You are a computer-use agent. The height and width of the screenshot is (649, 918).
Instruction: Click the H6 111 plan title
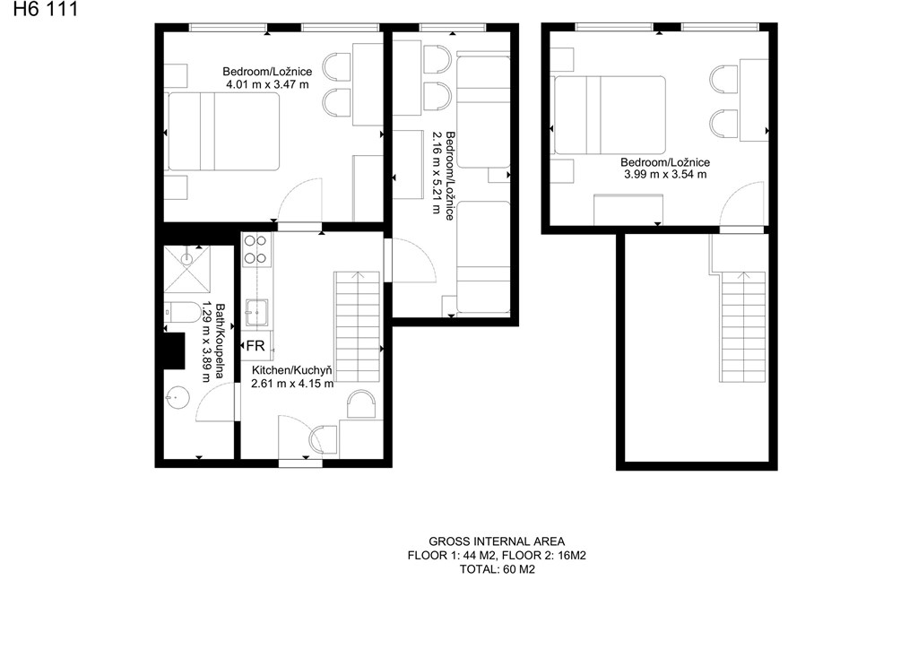tap(45, 9)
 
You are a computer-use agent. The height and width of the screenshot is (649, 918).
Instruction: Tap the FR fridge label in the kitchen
tap(255, 346)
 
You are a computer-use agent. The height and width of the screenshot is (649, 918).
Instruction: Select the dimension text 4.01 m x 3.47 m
tap(267, 84)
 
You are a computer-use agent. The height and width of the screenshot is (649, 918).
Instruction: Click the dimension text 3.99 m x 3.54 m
tap(665, 175)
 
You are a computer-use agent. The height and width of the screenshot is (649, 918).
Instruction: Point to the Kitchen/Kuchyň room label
tap(291, 370)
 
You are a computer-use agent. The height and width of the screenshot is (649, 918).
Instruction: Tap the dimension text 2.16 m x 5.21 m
tap(437, 172)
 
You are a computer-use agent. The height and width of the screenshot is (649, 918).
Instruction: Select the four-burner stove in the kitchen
tap(256, 250)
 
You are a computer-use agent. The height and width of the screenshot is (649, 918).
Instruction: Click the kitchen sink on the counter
tap(256, 313)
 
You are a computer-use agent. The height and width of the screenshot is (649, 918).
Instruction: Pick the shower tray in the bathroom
tap(186, 269)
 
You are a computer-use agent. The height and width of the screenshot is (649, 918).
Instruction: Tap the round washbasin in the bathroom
tap(177, 398)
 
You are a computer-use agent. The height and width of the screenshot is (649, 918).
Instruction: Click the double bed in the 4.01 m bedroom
tap(223, 131)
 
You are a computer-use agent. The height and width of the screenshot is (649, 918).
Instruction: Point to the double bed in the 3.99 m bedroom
tap(610, 115)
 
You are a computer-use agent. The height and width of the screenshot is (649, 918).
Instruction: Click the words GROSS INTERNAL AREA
tap(497, 542)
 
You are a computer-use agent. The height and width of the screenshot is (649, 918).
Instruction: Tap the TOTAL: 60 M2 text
tap(497, 569)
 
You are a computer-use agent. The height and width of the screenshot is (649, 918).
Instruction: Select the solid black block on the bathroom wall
tap(174, 350)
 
